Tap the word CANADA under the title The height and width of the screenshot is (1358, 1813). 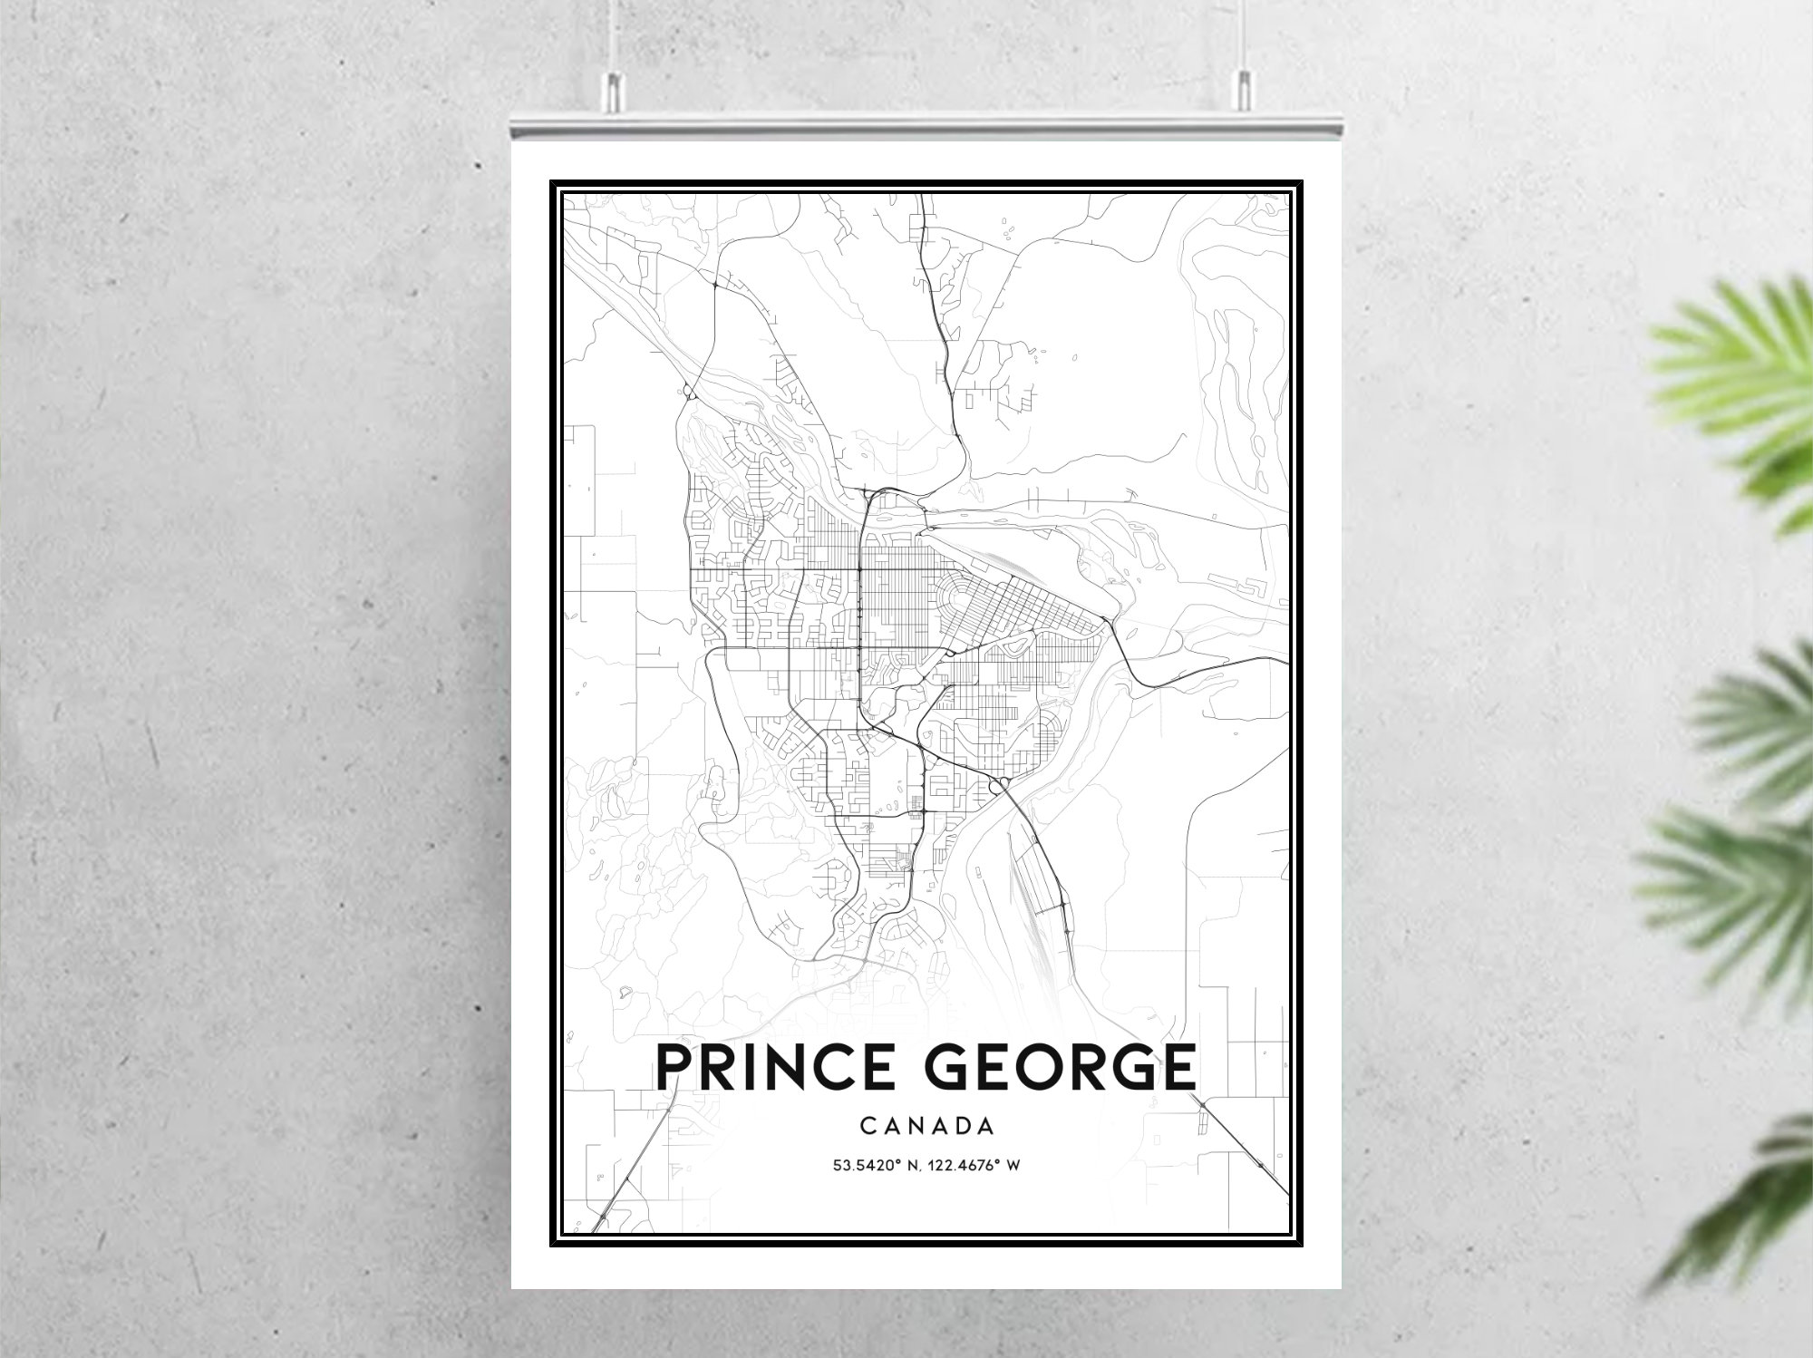click(x=926, y=1127)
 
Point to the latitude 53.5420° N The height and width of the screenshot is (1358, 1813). click(x=875, y=1165)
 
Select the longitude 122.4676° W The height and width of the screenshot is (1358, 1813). click(x=974, y=1165)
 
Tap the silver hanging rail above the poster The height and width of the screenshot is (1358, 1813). click(x=925, y=127)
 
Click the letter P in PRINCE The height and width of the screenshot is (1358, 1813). click(x=674, y=1067)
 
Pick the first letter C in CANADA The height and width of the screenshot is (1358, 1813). click(x=868, y=1127)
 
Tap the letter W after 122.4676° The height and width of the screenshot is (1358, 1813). click(x=1013, y=1165)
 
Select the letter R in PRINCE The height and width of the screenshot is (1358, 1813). click(x=718, y=1067)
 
